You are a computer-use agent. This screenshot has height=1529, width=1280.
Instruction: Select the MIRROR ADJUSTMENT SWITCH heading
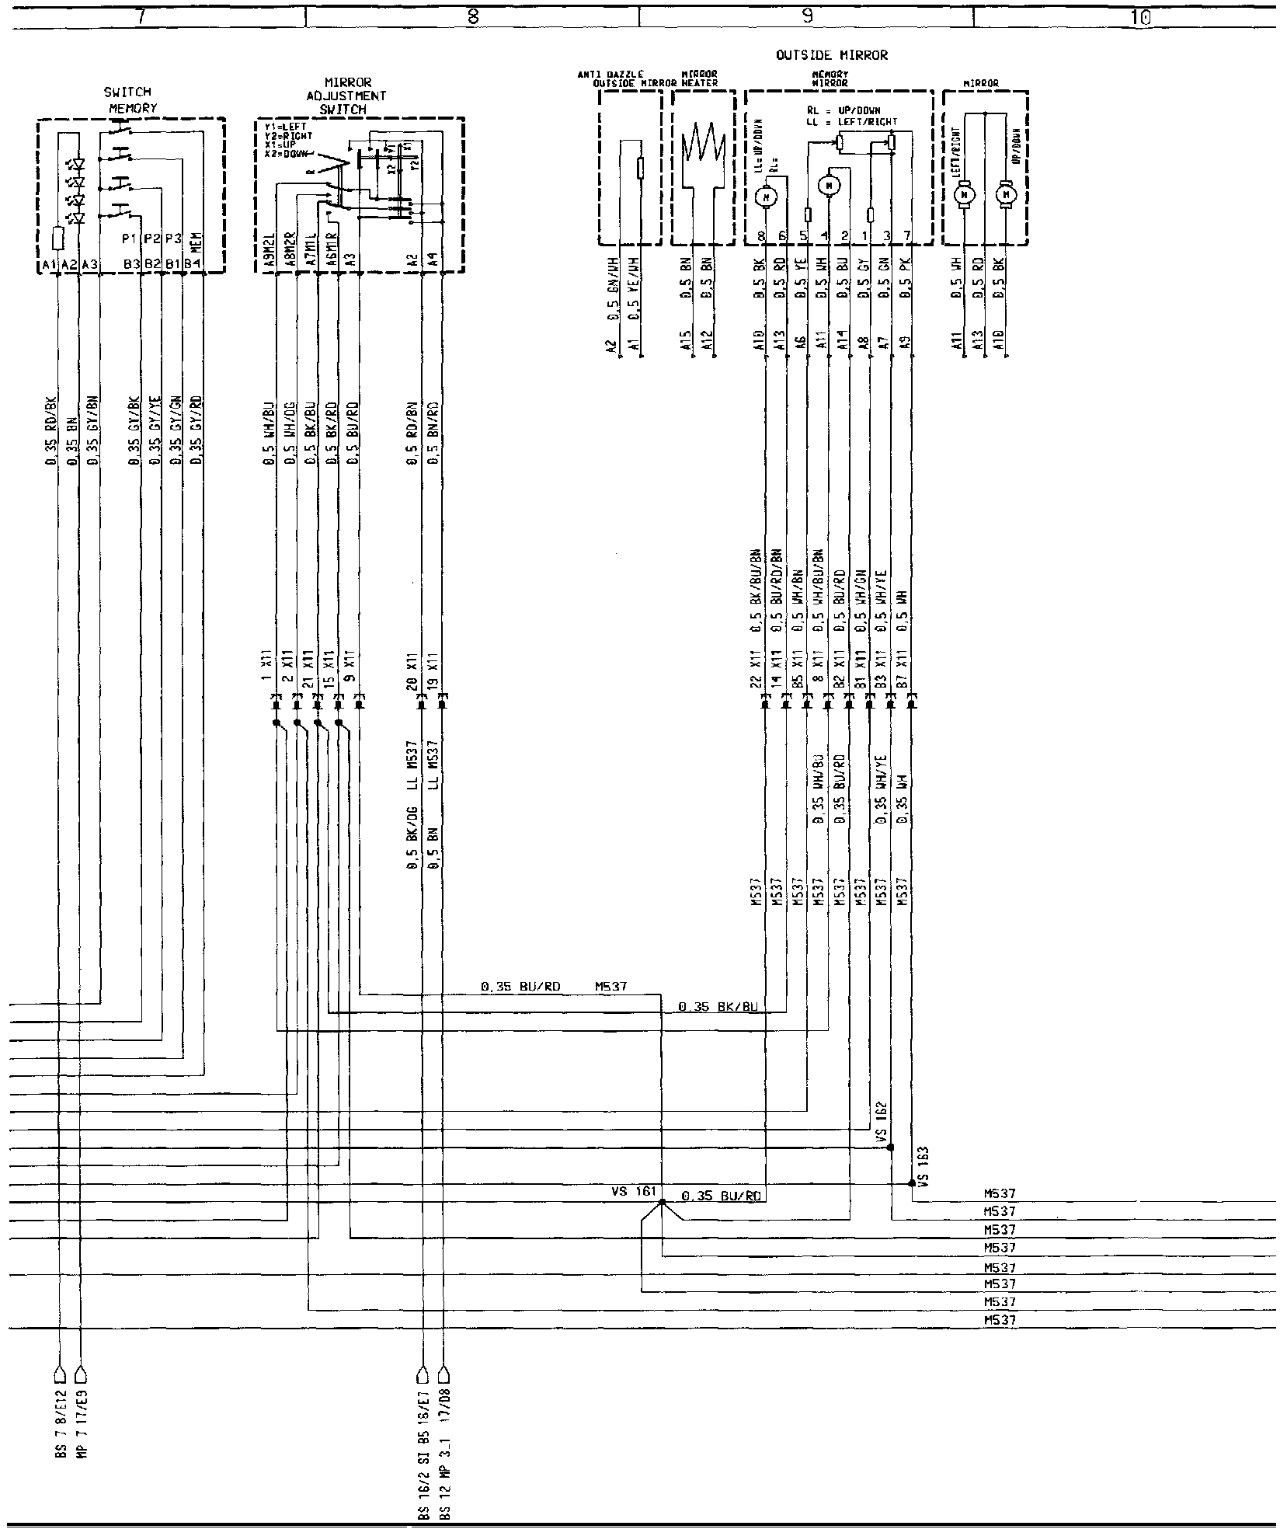[347, 96]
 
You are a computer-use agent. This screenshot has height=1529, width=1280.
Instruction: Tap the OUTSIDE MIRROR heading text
[831, 56]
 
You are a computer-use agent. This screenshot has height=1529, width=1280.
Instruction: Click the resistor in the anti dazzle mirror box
[639, 168]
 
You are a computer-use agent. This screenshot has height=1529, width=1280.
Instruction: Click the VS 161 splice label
[634, 1190]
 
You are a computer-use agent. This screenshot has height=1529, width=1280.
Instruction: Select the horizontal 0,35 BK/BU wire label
[709, 1007]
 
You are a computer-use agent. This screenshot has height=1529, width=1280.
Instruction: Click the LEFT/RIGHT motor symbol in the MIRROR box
[965, 193]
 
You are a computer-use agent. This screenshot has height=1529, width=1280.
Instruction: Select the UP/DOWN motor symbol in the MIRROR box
[1007, 193]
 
